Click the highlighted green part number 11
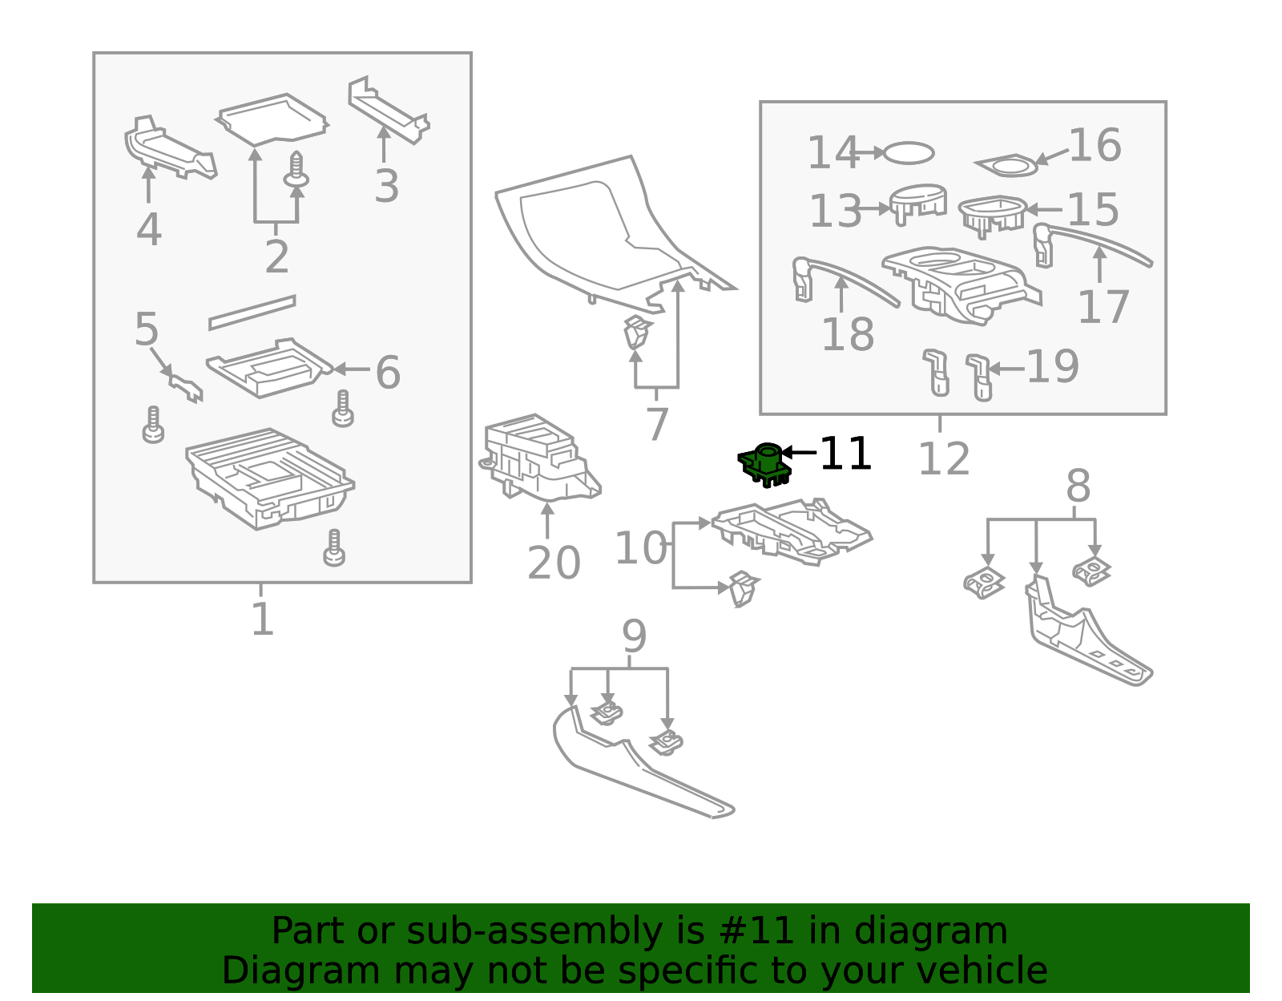coord(764,465)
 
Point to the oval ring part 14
coord(909,153)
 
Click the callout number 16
coord(1095,145)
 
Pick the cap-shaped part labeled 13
coord(918,204)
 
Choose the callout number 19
coord(1053,366)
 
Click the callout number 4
coord(149,229)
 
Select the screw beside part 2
coord(296,171)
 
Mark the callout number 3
coord(387,186)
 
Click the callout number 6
coord(388,372)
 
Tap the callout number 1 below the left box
coord(263,619)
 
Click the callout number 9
coord(635,636)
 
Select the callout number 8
coord(1078,486)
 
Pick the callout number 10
coord(641,547)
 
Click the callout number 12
coord(944,459)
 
